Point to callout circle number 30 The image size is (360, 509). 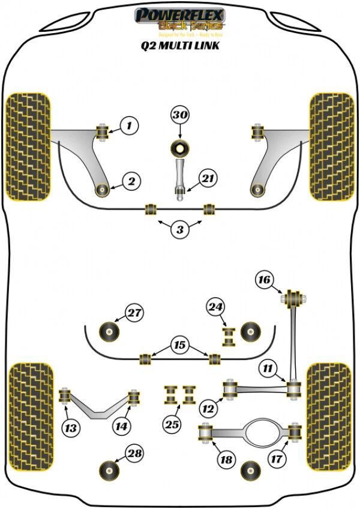[x=180, y=115]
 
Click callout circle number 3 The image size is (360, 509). [x=179, y=229]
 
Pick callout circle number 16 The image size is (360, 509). [x=264, y=279]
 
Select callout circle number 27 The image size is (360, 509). [x=134, y=312]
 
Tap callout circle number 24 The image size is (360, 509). [x=216, y=307]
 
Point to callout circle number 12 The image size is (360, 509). [x=208, y=409]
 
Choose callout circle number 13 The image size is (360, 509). [x=70, y=427]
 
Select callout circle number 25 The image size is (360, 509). [x=172, y=424]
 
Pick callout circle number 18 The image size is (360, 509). [x=226, y=460]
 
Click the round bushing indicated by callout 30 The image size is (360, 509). [x=180, y=147]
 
